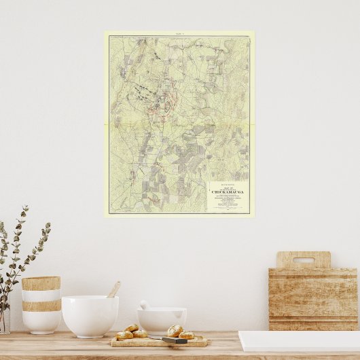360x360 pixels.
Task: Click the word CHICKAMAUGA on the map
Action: click(x=228, y=192)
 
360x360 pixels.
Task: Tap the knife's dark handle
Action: click(x=175, y=340)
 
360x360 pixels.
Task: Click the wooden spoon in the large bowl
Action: click(x=113, y=290)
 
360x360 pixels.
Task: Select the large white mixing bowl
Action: click(x=90, y=315)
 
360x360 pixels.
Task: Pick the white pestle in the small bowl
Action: click(x=145, y=305)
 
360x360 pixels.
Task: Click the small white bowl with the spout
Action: click(x=162, y=320)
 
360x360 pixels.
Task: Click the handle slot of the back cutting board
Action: click(x=303, y=260)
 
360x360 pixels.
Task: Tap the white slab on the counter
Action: click(x=299, y=341)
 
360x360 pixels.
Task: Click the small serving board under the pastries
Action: click(x=159, y=341)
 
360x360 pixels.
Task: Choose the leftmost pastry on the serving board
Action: click(x=124, y=335)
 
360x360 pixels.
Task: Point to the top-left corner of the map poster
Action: click(x=105, y=31)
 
